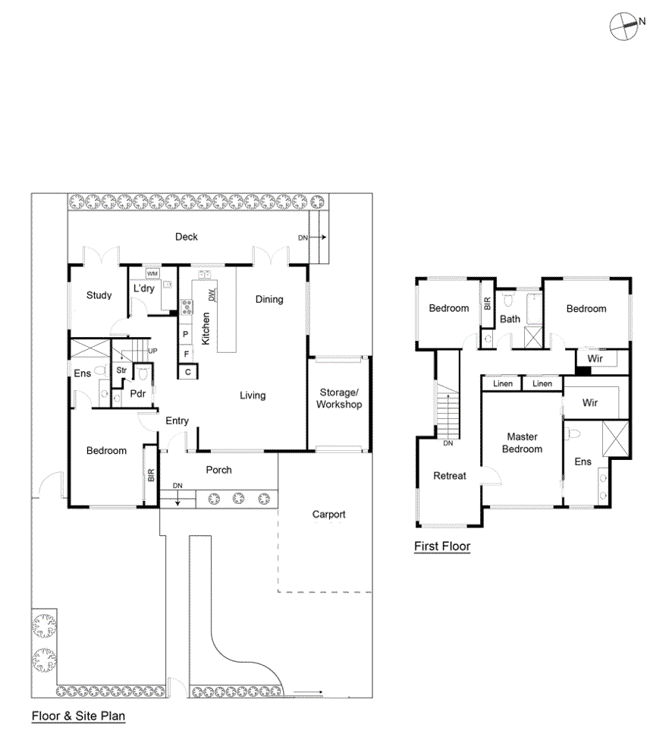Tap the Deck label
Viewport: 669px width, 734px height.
coord(187,237)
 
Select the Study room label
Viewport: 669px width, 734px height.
coord(99,295)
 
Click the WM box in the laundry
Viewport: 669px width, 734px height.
coord(152,273)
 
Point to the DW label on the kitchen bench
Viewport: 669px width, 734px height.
coord(213,295)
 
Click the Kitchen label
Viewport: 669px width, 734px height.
coord(206,329)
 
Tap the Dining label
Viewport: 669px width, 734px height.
coord(269,299)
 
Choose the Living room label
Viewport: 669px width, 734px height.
coord(253,395)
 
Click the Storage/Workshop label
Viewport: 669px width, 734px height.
coord(339,399)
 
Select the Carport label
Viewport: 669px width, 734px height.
coord(328,515)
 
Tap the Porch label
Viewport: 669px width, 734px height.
coord(219,470)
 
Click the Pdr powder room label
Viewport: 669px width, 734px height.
coord(137,393)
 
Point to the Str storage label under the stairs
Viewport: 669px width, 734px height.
coord(121,370)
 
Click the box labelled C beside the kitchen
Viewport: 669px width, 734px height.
coord(187,372)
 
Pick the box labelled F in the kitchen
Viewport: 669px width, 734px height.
coord(184,353)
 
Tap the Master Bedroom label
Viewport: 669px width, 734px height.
coord(522,443)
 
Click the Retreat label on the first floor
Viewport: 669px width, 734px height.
coord(450,476)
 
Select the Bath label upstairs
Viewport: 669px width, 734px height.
coord(510,319)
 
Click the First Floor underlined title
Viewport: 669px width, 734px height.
coord(442,547)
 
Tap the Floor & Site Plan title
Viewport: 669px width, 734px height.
coord(78,716)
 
